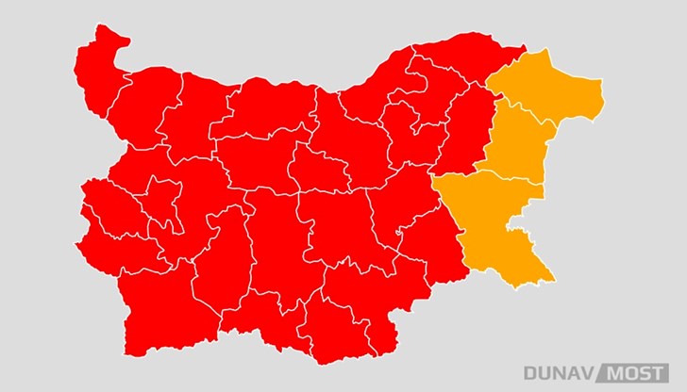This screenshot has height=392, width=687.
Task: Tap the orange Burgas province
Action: [x=495, y=226]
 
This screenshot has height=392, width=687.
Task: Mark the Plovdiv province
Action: [x=274, y=245]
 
